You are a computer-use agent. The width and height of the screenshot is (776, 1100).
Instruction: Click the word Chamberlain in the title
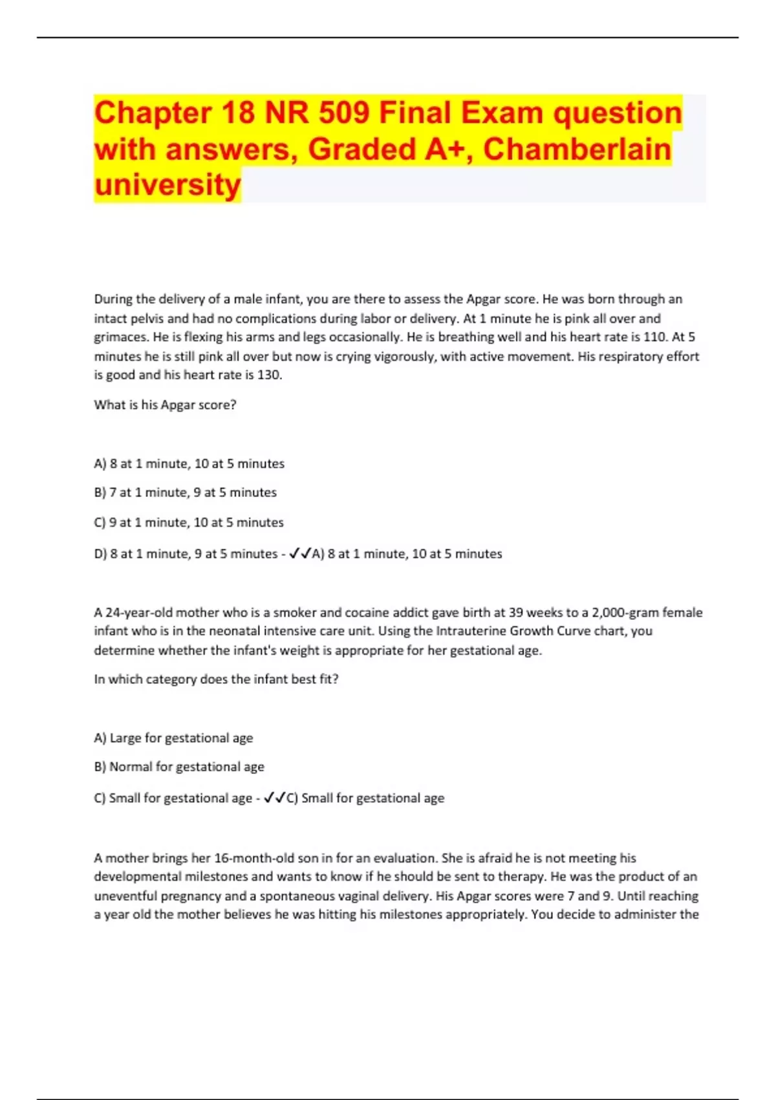tap(577, 149)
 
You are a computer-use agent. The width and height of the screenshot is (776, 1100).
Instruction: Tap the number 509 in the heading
tap(344, 113)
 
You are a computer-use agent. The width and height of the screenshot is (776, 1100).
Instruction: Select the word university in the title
tap(167, 185)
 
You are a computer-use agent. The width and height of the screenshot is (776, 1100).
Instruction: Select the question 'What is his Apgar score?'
tap(165, 404)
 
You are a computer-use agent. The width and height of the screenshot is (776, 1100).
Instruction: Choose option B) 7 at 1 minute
tap(185, 492)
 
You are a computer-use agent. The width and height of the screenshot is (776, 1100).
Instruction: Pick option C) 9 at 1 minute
tap(188, 522)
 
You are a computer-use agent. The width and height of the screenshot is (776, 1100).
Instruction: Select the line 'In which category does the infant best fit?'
tap(216, 679)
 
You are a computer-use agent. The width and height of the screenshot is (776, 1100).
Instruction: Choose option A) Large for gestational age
tap(173, 738)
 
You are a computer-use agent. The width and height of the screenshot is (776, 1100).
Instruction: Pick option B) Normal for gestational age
tap(179, 767)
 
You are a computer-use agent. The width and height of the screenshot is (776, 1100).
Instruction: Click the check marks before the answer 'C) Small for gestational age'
tap(274, 798)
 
